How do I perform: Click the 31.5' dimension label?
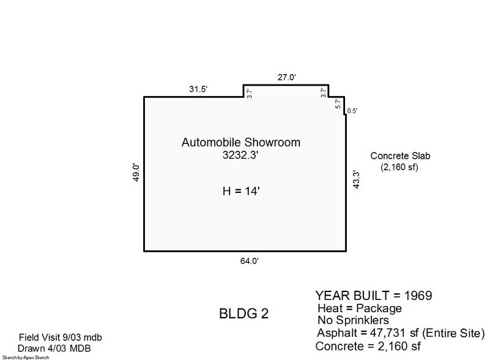pos(198,89)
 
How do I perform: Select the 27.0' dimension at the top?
pos(286,77)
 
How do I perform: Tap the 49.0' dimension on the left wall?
pos(136,172)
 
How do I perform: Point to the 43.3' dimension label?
pos(356,179)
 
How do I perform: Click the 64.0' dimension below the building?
pos(250,261)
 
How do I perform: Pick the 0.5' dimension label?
pos(352,111)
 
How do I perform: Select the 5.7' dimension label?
pos(338,103)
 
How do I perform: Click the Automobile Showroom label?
pos(241,142)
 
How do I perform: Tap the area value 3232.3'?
pos(240,155)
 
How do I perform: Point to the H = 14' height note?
pos(241,191)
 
